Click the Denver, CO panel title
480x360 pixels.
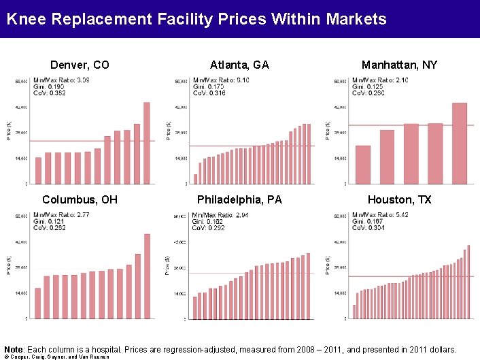80,65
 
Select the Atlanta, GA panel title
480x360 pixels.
239,65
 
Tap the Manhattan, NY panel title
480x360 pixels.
399,65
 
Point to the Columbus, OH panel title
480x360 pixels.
80,200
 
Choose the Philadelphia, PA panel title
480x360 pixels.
239,200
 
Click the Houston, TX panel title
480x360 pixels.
399,200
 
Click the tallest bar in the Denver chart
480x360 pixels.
146,143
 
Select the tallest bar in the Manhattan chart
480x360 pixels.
460,143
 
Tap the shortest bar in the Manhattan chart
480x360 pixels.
363,165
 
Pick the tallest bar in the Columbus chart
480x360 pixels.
147,276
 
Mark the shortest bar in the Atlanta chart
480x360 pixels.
195,179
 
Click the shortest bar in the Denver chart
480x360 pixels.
38,170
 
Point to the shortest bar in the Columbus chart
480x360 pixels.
38,303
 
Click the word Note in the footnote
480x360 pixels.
13,348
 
